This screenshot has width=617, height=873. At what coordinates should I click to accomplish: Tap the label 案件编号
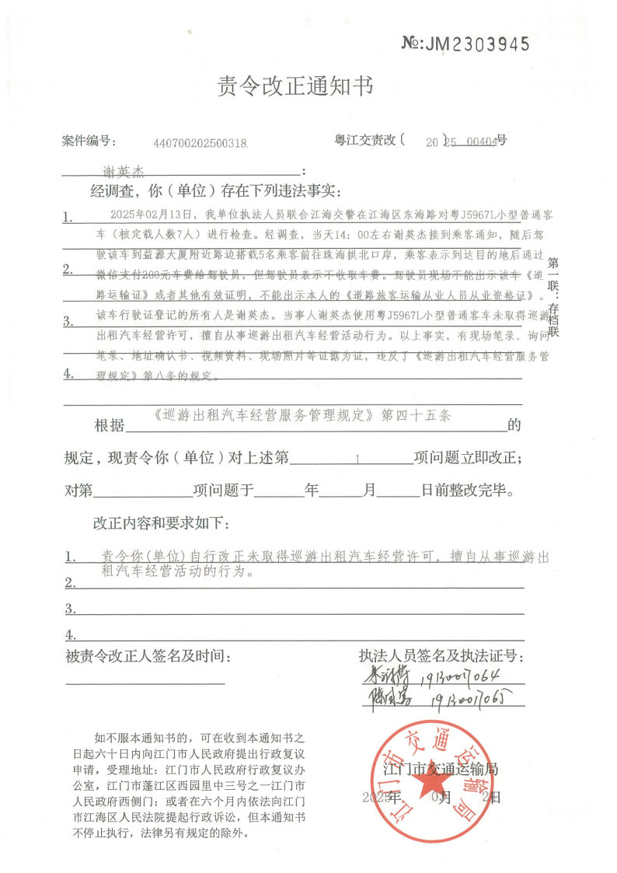pos(89,141)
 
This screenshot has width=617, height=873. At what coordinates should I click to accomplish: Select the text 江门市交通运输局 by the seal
pos(441,769)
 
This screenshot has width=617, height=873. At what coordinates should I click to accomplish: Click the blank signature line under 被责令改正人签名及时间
pos(146,684)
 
